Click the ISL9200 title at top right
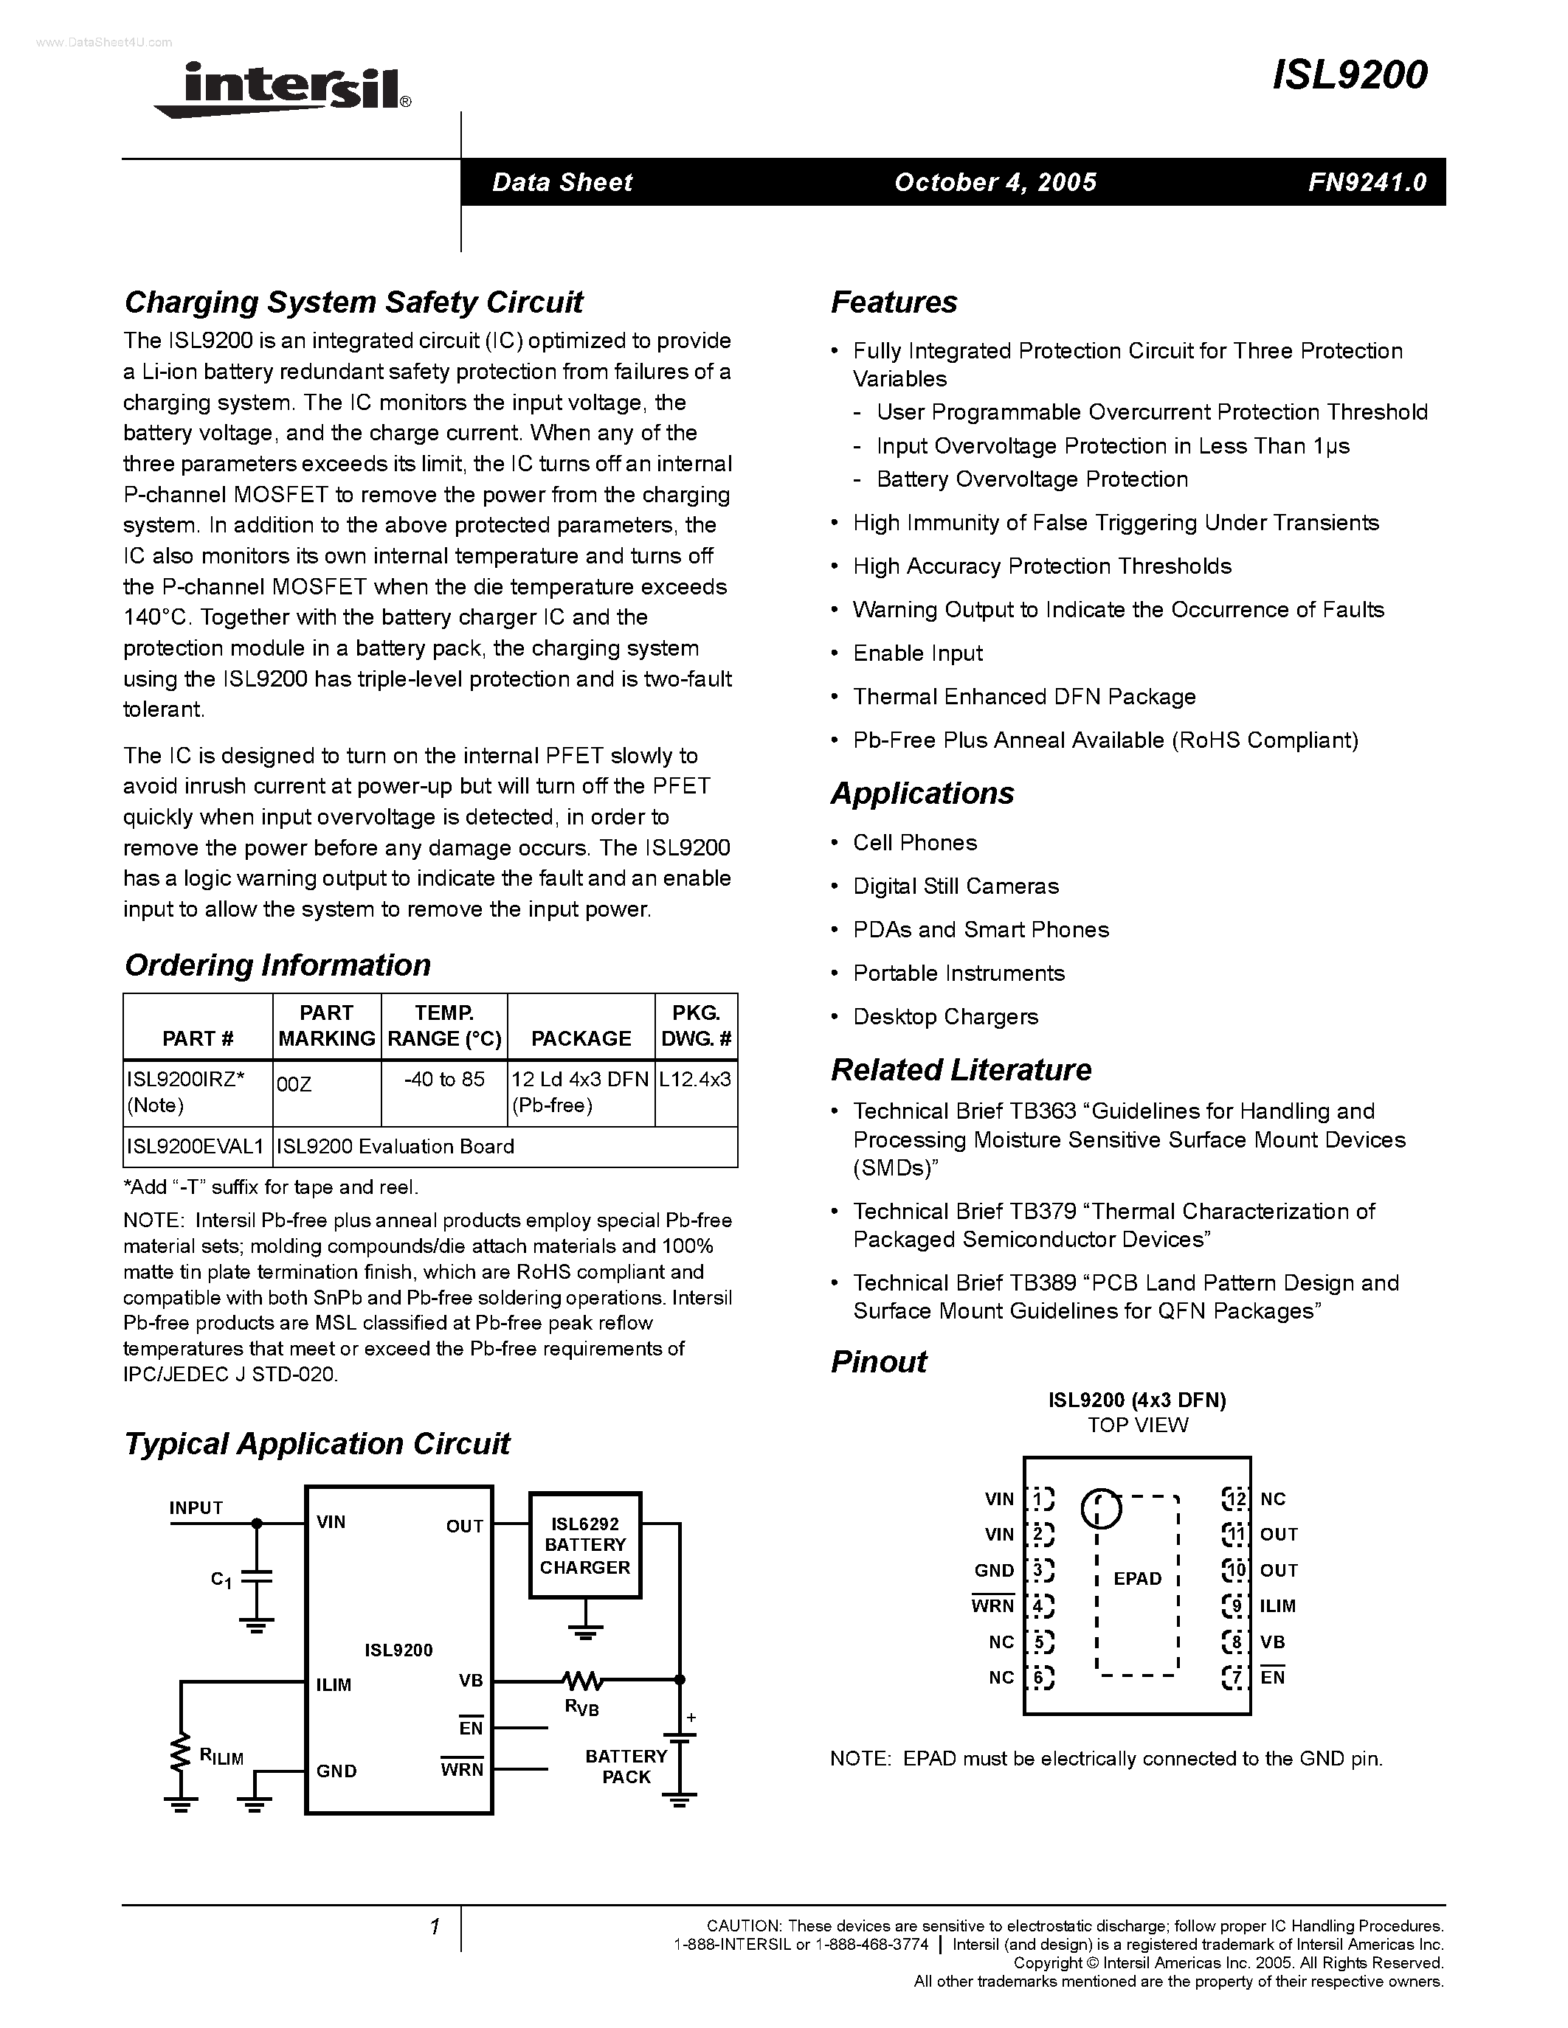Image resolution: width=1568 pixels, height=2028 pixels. [1349, 75]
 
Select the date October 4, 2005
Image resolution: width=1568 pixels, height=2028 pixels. [995, 182]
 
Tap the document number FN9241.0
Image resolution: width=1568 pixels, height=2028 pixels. [1367, 182]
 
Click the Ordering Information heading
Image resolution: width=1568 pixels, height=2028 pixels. [277, 966]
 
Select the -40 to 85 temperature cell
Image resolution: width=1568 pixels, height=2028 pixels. [444, 1080]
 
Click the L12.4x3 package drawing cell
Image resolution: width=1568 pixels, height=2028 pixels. [695, 1080]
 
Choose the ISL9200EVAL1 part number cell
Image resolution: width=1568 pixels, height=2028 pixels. [196, 1147]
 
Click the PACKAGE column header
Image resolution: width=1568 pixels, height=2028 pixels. [581, 1038]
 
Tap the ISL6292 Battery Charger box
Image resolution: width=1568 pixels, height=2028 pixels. [584, 1546]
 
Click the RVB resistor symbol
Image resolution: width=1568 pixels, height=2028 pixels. [582, 1680]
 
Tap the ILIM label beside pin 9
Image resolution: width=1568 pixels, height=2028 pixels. [1278, 1606]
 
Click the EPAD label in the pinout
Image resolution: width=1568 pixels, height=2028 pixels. [1137, 1579]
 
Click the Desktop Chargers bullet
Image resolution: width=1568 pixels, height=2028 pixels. [944, 1017]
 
